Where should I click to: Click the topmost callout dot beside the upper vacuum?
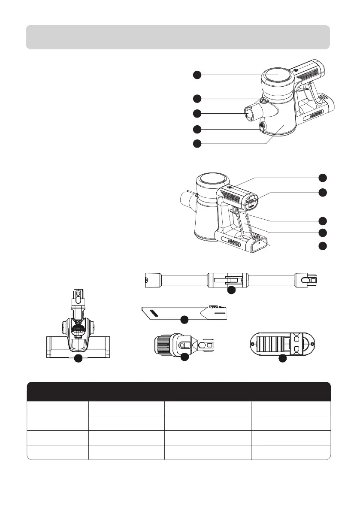197,75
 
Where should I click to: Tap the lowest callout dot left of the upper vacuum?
197,143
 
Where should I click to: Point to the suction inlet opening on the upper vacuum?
250,115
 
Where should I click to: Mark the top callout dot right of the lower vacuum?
322,177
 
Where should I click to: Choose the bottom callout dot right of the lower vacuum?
322,246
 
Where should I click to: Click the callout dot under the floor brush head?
79,359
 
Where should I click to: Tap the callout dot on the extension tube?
231,290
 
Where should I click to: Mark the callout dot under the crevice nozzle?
184,320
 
